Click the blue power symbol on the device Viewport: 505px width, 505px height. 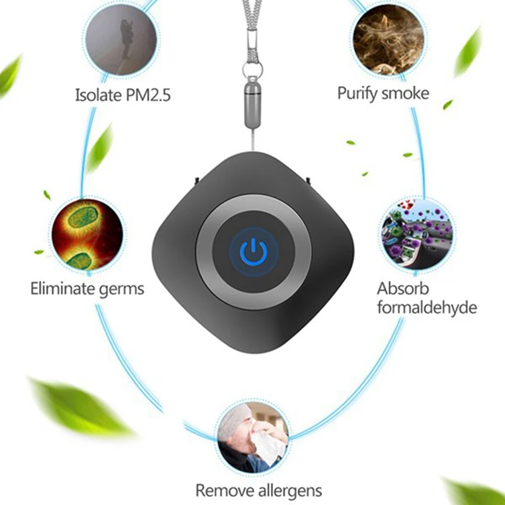click(252, 251)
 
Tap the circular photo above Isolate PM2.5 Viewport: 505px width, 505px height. click(121, 40)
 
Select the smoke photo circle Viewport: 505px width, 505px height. click(383, 40)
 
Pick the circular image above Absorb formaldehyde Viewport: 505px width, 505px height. click(417, 234)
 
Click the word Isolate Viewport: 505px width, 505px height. click(97, 95)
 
